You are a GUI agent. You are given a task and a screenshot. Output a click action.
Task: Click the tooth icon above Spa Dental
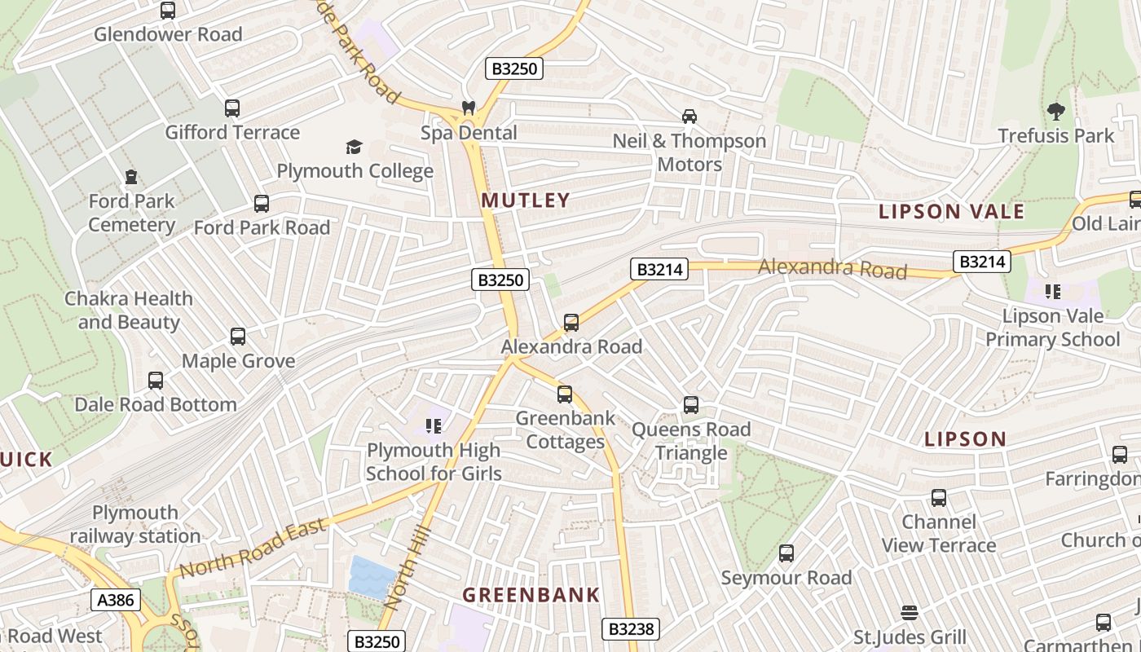pyautogui.click(x=469, y=108)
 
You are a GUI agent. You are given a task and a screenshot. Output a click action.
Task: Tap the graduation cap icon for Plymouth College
pyautogui.click(x=354, y=147)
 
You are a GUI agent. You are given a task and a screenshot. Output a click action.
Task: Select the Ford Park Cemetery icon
pyautogui.click(x=130, y=177)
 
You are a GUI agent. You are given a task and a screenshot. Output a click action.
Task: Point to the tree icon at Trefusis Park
pyautogui.click(x=1055, y=112)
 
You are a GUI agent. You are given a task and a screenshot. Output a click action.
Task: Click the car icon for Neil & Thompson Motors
pyautogui.click(x=689, y=117)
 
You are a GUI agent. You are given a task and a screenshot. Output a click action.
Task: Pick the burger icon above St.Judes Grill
pyautogui.click(x=910, y=613)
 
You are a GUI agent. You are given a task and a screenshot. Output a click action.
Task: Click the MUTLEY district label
pyautogui.click(x=526, y=200)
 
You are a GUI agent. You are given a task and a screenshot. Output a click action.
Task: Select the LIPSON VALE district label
pyautogui.click(x=951, y=212)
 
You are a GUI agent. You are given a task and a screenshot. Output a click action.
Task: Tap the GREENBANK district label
pyautogui.click(x=531, y=595)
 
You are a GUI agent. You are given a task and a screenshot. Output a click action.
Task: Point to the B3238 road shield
pyautogui.click(x=630, y=629)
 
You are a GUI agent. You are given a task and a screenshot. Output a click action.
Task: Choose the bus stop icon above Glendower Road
pyautogui.click(x=168, y=11)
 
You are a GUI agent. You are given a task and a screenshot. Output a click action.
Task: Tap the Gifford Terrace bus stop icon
pyautogui.click(x=232, y=108)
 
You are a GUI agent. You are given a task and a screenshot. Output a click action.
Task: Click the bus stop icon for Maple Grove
pyautogui.click(x=238, y=337)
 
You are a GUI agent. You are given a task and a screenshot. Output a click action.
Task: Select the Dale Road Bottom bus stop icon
pyautogui.click(x=156, y=381)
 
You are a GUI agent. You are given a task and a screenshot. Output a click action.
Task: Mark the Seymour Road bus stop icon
pyautogui.click(x=786, y=554)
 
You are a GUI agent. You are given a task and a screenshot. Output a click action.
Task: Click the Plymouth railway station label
pyautogui.click(x=135, y=524)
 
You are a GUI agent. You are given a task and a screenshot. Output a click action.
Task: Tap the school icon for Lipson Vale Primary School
pyautogui.click(x=1052, y=291)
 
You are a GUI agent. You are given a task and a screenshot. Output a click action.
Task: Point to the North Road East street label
pyautogui.click(x=253, y=548)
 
